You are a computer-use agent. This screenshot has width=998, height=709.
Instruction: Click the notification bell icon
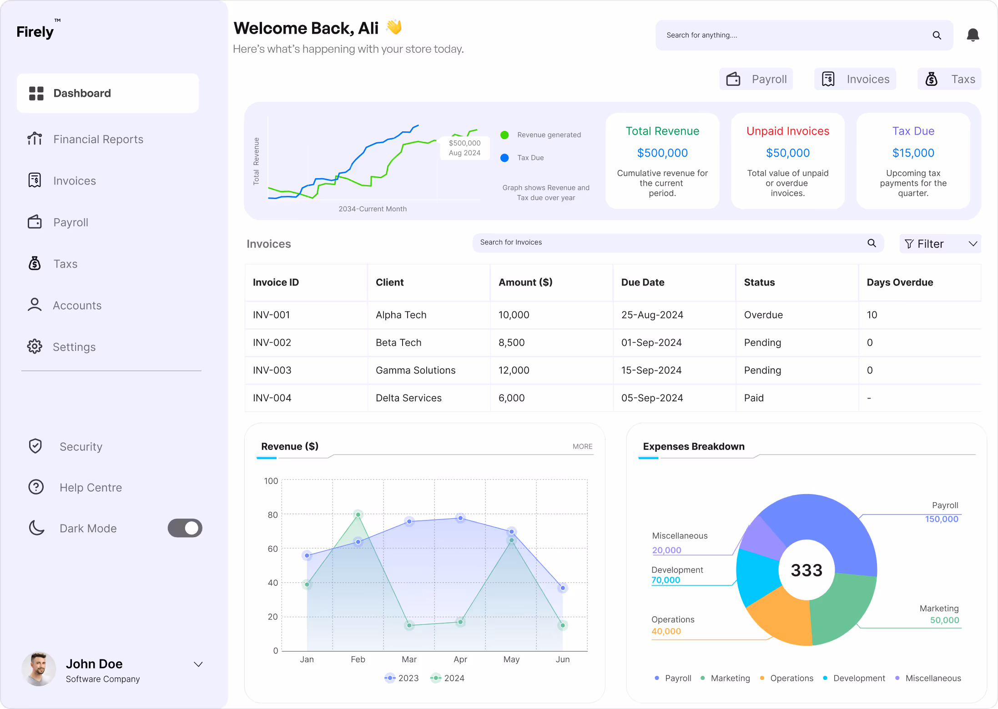973,35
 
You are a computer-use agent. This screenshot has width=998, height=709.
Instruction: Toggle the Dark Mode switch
185,528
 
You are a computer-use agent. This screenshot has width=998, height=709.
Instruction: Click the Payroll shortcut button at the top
756,79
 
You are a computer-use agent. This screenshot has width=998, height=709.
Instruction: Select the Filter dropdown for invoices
940,244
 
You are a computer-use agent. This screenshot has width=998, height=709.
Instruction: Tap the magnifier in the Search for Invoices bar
872,243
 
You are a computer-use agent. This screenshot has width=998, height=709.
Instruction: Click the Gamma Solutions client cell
416,370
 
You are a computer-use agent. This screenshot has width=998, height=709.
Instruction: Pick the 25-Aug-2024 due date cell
652,315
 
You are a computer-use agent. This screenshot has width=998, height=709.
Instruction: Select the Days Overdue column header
900,282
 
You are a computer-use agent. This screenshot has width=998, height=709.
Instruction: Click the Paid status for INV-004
754,398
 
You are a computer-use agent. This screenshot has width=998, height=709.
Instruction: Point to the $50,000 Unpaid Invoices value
788,153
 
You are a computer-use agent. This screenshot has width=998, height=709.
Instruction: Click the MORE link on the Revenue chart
582,447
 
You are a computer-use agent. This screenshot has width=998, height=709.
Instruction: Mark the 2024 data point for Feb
358,515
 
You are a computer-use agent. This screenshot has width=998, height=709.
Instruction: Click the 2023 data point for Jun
563,588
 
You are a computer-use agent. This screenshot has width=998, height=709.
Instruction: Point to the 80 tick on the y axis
272,515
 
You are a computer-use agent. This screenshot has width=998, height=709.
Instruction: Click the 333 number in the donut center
806,570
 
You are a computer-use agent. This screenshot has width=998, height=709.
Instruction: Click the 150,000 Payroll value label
942,519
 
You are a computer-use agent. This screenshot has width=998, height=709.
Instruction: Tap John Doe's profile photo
39,669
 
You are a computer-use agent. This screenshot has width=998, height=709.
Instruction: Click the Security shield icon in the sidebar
35,446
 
